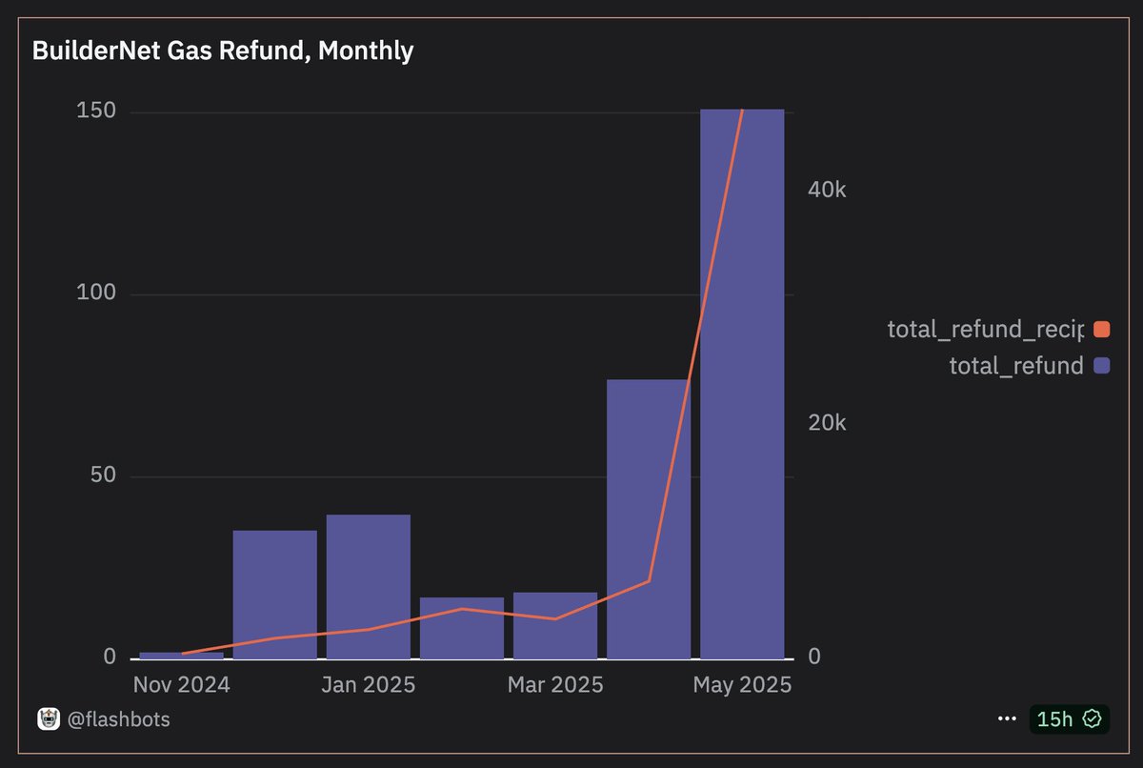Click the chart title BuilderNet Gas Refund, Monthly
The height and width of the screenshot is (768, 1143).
[223, 51]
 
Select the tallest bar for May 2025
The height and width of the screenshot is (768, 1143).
[742, 381]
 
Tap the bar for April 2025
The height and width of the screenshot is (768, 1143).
[649, 519]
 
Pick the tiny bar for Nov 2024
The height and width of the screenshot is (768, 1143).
[181, 656]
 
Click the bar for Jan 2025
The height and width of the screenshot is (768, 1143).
[369, 586]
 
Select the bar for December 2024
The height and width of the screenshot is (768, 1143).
[275, 595]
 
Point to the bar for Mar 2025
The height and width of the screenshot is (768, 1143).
[555, 625]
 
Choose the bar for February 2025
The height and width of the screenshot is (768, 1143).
[462, 628]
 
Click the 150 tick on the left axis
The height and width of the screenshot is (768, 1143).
[95, 111]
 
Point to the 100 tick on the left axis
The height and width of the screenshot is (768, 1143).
[95, 293]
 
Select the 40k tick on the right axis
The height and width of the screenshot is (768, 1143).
[827, 190]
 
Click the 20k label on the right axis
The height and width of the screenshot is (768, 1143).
[827, 423]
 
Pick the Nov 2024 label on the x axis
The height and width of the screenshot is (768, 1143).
[181, 685]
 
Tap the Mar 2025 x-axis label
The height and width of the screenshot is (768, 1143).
[555, 685]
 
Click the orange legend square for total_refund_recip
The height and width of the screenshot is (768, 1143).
[1102, 330]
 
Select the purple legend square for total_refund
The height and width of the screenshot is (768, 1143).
[1102, 365]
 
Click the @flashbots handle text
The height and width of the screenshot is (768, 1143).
[119, 719]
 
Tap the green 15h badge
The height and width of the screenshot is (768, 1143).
[1069, 719]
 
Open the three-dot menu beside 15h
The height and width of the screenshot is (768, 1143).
[1007, 719]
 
